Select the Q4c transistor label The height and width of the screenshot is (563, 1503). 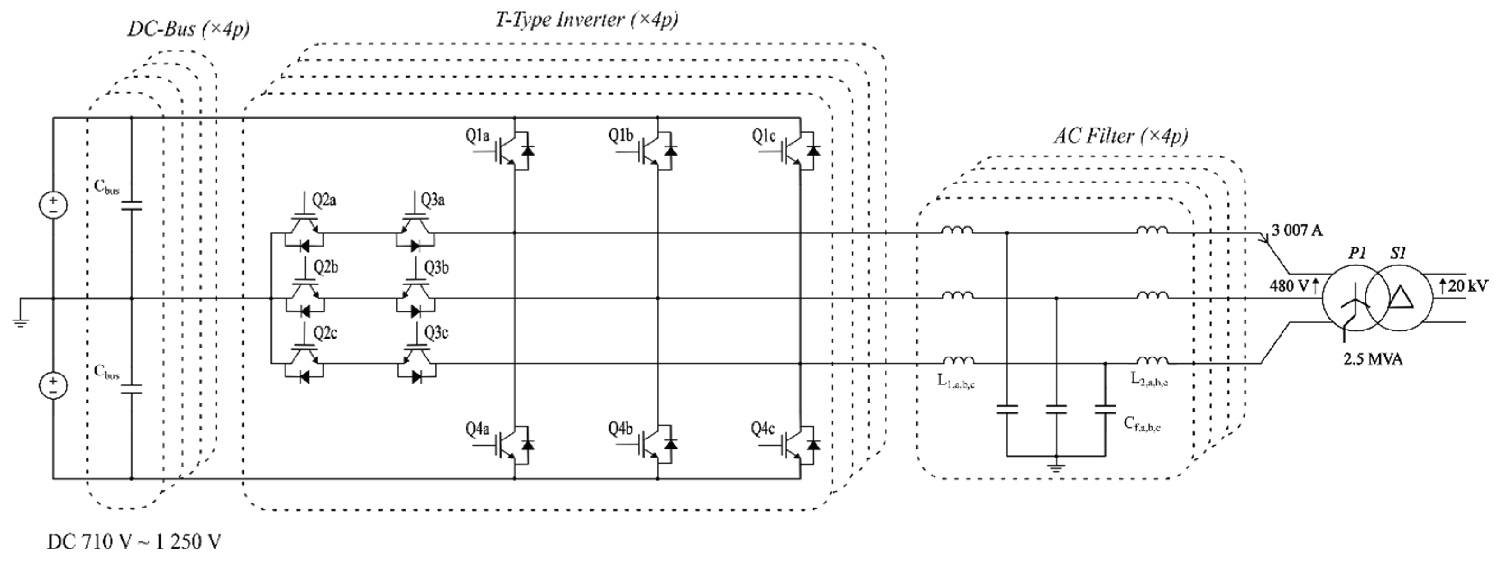tap(763, 430)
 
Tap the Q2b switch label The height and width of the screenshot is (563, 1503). tap(326, 267)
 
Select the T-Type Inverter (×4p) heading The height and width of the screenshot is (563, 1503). tap(586, 19)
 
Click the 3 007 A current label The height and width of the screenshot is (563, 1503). tap(1297, 230)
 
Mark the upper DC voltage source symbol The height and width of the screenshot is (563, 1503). tap(53, 205)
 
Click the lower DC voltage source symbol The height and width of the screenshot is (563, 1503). tap(53, 386)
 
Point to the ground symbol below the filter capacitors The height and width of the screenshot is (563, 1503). tap(1056, 466)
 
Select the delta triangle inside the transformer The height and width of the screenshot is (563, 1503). tap(1400, 298)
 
